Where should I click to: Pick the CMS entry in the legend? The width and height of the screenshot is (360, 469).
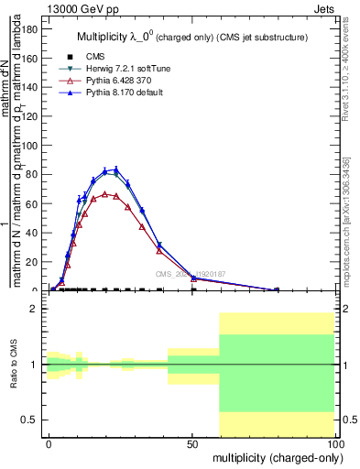(x=82, y=58)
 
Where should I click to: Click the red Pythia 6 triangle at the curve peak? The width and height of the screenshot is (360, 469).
(x=105, y=194)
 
